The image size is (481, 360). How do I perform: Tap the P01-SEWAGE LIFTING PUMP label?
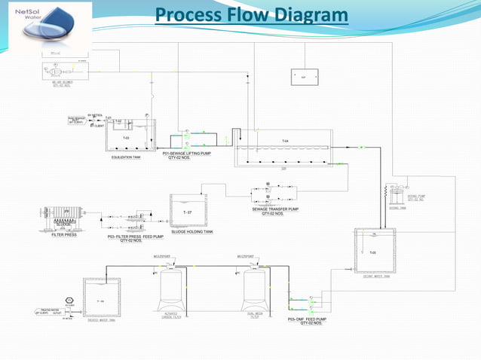point(187,154)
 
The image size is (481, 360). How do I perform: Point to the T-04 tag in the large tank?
point(285,142)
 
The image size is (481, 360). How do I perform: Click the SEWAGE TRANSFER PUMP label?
point(275,209)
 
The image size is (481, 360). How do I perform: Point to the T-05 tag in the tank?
point(372,252)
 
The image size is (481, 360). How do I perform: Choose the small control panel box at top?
point(305,77)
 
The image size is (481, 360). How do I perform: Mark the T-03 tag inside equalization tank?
point(126,138)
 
